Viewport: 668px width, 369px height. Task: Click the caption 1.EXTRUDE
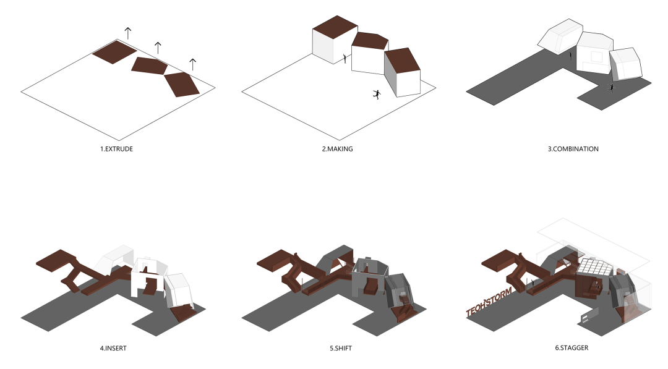coord(116,149)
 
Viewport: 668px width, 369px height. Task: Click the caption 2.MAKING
coord(338,149)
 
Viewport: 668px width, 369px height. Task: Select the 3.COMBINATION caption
coord(573,149)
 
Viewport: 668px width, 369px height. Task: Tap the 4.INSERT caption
coord(113,348)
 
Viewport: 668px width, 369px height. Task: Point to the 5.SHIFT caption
coord(341,348)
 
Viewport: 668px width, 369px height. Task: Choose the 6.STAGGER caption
coord(572,348)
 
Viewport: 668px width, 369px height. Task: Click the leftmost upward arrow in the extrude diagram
coord(128,33)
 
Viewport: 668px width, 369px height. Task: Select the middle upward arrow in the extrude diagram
coord(158,48)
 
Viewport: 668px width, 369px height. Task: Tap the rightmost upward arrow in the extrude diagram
coord(192,64)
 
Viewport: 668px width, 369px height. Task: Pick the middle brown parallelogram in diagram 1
coord(149,66)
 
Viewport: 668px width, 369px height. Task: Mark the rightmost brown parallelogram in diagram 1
coord(181,84)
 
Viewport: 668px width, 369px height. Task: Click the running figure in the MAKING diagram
coord(377,95)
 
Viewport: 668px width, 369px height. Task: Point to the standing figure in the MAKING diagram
coord(345,58)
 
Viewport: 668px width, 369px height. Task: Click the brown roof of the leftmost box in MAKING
coord(335,24)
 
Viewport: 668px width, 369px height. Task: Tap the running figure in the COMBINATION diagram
coord(612,88)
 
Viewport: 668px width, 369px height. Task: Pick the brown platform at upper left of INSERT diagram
coord(56,260)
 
